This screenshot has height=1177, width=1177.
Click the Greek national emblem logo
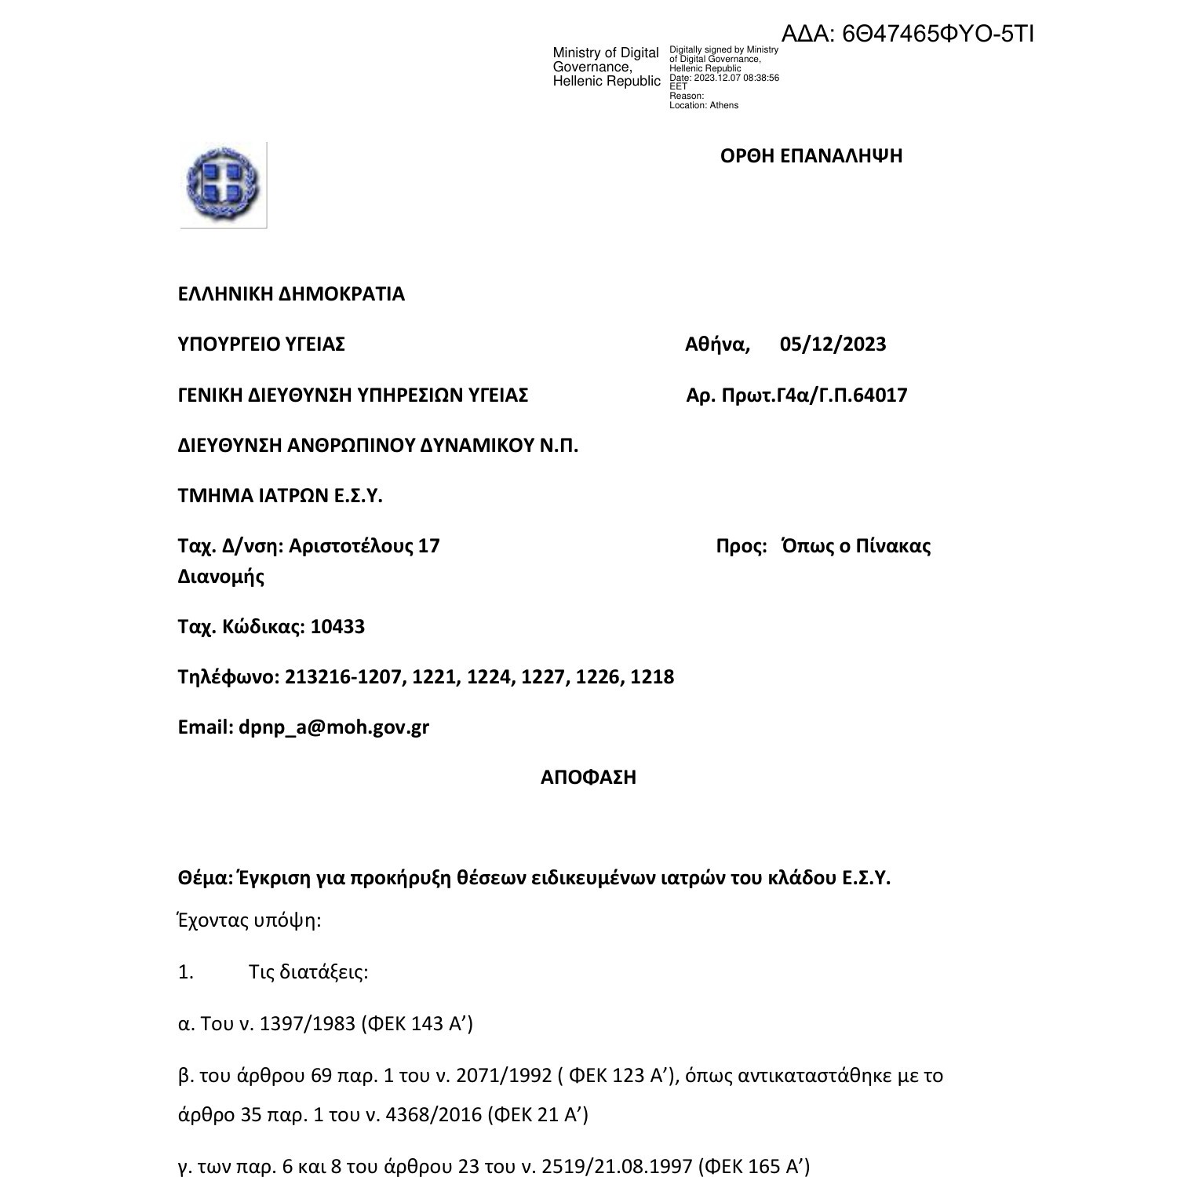(x=224, y=185)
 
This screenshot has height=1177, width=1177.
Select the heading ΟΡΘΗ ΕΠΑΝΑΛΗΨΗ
(x=811, y=155)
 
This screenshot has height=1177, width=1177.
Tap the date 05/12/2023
(x=833, y=344)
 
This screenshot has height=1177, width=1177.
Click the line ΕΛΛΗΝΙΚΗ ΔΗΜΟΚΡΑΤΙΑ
(x=291, y=294)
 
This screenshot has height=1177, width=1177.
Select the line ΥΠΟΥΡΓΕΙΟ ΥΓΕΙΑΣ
(x=261, y=344)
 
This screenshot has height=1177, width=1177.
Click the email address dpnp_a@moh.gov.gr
(x=333, y=727)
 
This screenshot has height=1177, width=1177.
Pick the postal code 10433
(x=337, y=627)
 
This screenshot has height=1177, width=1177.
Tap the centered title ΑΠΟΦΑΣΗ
(x=588, y=778)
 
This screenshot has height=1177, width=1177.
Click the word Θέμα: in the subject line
(x=206, y=878)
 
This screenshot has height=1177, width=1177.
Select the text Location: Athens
(x=704, y=105)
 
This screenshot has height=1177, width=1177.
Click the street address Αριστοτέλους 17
(x=364, y=546)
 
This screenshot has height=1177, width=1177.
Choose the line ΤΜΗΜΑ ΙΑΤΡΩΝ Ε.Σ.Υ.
(x=280, y=496)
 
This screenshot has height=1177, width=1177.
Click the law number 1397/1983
(x=307, y=1024)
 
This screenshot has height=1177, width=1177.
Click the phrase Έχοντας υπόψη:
(x=250, y=920)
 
